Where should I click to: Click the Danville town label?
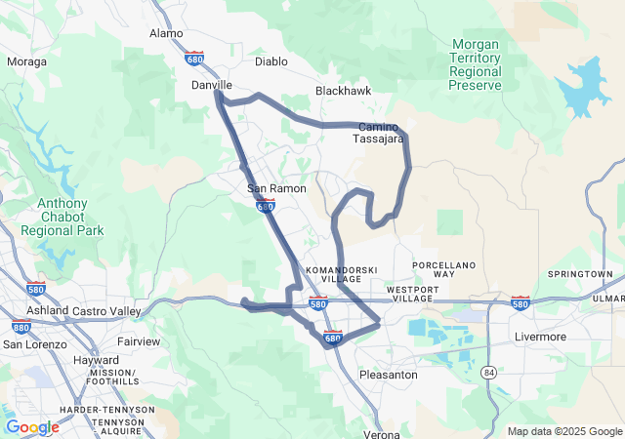click(210, 85)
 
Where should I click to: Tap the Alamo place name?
click(166, 33)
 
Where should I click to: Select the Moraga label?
click(25, 61)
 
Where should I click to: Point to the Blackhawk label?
click(342, 91)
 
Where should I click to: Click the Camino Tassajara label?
click(379, 134)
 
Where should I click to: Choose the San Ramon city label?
click(276, 188)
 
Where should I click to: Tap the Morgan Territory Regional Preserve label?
click(476, 64)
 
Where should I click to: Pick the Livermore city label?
click(540, 337)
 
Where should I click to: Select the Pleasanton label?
click(389, 375)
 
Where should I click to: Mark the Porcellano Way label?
click(443, 269)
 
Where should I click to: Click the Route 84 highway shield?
click(486, 372)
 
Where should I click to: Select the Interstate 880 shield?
click(21, 328)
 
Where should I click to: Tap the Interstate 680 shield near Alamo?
click(195, 59)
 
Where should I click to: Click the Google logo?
click(32, 427)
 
